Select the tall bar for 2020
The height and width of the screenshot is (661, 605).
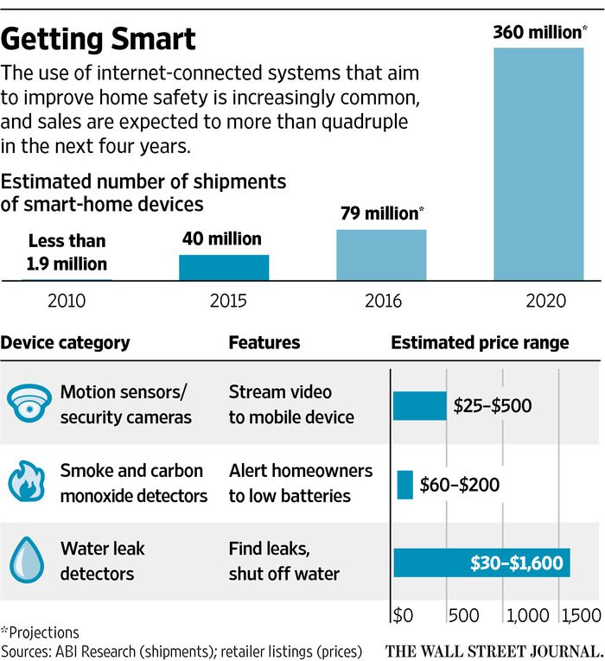click(538, 164)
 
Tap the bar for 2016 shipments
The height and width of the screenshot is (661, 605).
click(381, 255)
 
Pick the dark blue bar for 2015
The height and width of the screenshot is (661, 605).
click(224, 268)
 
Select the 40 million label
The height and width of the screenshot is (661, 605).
click(222, 238)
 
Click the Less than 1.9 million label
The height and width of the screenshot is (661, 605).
click(67, 252)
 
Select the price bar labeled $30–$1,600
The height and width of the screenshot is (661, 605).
click(481, 563)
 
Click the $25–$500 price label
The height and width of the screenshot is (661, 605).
click(493, 404)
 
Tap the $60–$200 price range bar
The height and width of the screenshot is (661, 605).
click(404, 484)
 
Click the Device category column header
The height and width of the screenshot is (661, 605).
click(67, 343)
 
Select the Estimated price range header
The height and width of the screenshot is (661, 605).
click(480, 343)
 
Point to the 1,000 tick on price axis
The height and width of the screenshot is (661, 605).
click(526, 616)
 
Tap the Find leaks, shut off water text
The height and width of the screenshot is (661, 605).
click(283, 562)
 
